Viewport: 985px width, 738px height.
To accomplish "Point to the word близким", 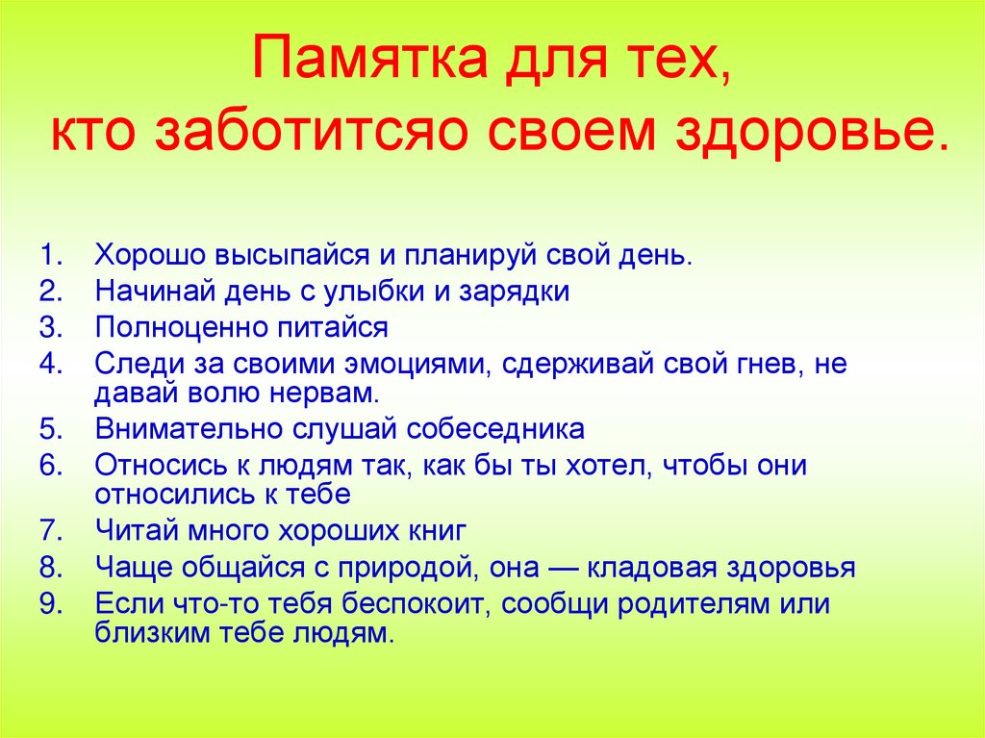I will pyautogui.click(x=149, y=633).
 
